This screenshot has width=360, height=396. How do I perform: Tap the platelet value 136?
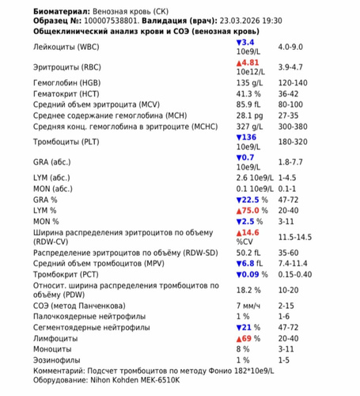(x=248, y=136)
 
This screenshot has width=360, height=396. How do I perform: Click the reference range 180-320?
(x=315, y=141)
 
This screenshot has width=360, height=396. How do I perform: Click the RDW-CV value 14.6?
(x=248, y=232)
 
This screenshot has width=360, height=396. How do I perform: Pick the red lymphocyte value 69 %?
(x=246, y=337)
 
